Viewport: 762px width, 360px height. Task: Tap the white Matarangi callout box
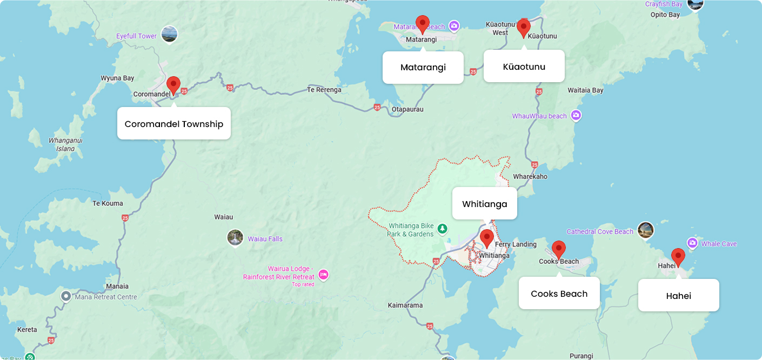point(423,68)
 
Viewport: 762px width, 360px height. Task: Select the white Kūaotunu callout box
point(524,66)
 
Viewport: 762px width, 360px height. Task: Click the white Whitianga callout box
point(485,204)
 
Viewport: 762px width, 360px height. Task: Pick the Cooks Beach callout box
point(559,294)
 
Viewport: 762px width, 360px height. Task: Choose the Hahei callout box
point(679,296)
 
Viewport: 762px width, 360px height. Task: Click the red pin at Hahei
point(678,257)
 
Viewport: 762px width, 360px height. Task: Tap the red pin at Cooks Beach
point(559,249)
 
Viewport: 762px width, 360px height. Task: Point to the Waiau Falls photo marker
point(235,238)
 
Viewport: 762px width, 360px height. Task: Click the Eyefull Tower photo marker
point(169,35)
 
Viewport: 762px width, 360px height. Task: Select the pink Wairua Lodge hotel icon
point(323,275)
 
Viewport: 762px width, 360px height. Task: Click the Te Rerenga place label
point(324,90)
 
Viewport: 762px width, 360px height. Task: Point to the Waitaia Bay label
point(586,90)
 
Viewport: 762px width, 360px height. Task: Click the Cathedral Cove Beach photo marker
point(646,230)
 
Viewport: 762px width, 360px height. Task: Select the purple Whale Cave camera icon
point(692,243)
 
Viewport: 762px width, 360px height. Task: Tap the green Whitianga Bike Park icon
point(443,229)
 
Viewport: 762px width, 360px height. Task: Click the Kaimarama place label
point(405,305)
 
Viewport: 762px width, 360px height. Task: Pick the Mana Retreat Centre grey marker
point(66,296)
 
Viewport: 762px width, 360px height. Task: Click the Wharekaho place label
point(530,176)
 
